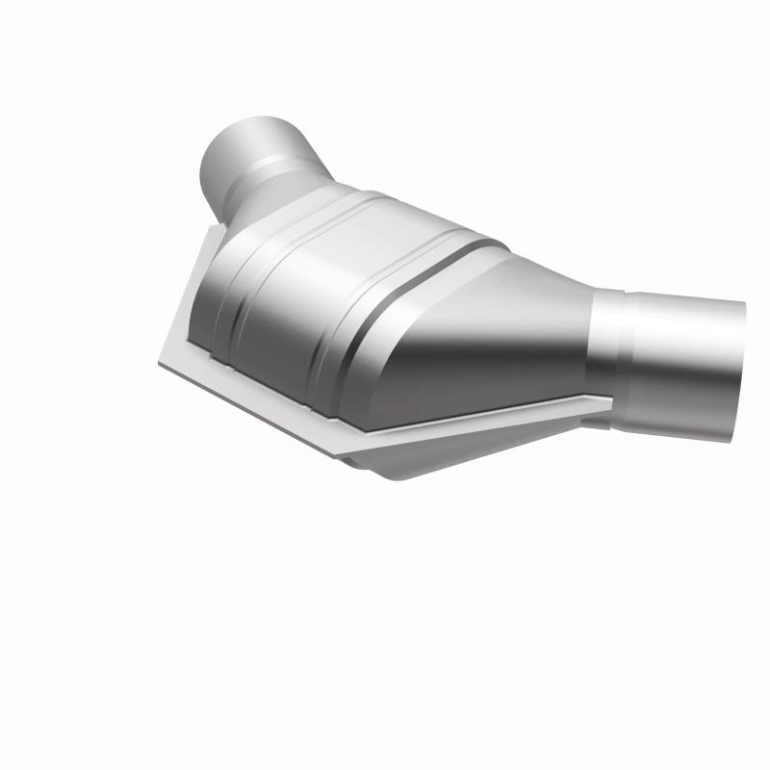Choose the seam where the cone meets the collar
coord(591,346)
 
